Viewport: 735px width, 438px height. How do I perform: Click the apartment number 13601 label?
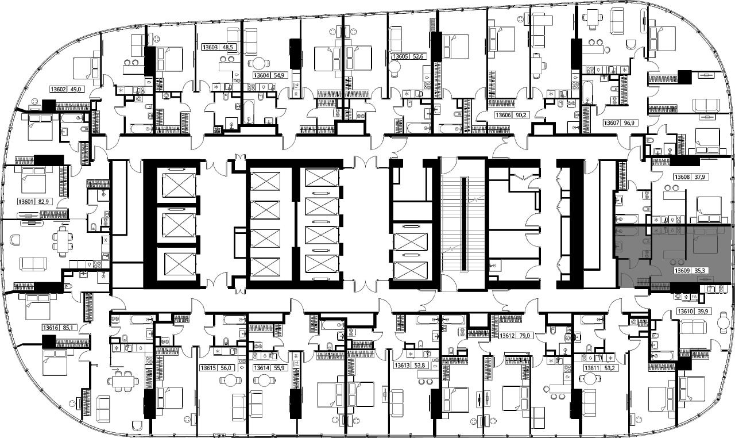26,202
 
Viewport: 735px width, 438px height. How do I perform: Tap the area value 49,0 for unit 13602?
75,89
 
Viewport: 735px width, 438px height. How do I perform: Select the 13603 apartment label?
210,47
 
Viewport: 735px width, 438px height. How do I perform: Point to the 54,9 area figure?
279,75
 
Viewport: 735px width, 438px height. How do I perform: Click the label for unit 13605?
400,56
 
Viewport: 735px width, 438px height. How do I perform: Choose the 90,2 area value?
518,115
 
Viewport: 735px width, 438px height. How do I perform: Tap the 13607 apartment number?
612,123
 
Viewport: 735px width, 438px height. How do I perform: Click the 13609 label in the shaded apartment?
682,271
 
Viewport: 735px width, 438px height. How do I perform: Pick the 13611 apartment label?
592,368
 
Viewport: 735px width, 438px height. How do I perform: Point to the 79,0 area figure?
524,336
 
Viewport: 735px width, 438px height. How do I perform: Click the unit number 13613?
402,366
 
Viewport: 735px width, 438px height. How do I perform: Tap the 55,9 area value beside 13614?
279,368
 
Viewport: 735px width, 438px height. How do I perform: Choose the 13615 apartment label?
208,368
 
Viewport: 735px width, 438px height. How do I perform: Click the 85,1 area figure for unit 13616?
68,328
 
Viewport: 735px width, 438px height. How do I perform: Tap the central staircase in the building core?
463,224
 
